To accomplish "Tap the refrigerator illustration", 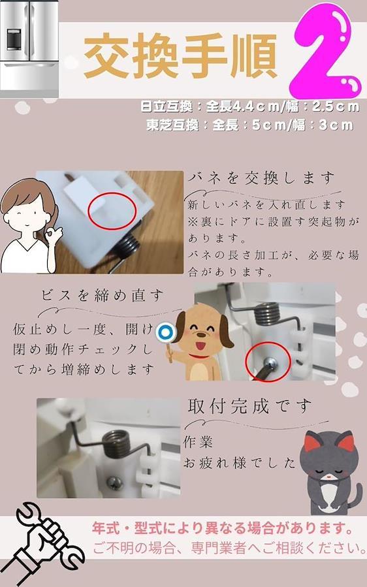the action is coord(29,49).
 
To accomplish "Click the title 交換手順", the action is coord(180,56).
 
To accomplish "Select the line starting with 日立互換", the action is coord(250,106).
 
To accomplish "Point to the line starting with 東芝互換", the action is coord(250,125).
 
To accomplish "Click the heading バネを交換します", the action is coord(261,178).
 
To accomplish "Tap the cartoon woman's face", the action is coord(27,214).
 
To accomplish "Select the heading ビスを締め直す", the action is coord(103,296).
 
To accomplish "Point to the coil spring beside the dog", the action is coord(267,313).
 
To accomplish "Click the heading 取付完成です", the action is coord(250,406).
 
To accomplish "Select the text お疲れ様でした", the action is coord(239,463).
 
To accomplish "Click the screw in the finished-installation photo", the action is coord(114,483).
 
